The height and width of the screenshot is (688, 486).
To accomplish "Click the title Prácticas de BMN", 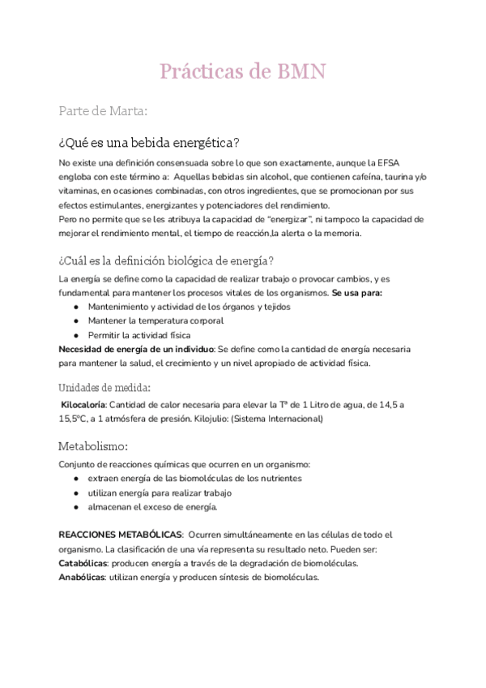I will point(242,71).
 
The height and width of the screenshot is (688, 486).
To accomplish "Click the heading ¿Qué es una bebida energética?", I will point(149,143).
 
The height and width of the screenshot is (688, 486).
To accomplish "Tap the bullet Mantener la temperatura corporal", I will point(156,320).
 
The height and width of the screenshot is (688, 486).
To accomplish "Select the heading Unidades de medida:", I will point(104,387).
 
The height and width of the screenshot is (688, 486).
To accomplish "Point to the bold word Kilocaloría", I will point(83,405).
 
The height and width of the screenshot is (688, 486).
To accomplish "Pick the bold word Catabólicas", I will point(83,563).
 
